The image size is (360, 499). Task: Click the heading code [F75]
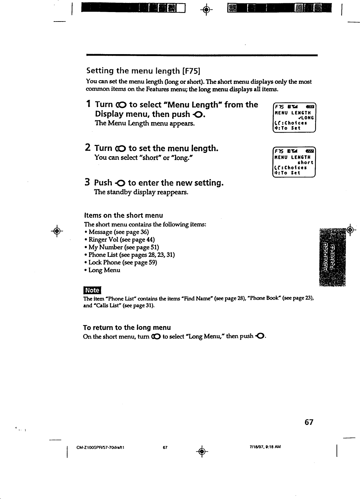(191, 71)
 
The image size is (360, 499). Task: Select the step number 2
(87, 148)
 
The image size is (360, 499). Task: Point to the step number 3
(87, 183)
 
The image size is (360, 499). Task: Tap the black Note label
(92, 290)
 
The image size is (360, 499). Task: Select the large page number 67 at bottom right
(309, 422)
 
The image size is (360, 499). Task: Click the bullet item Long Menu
(104, 270)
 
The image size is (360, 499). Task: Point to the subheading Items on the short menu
(123, 215)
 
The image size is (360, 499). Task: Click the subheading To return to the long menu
(127, 328)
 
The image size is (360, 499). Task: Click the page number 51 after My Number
(155, 247)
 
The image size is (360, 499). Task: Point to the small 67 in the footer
(165, 447)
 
